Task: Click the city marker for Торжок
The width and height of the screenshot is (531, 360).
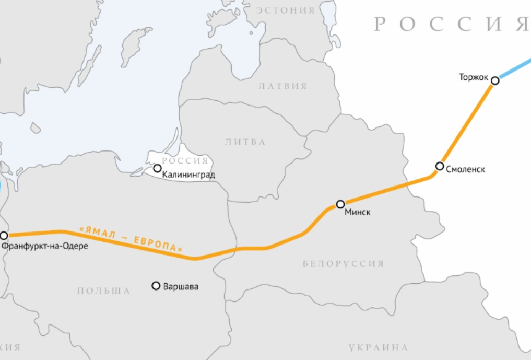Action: [495, 80]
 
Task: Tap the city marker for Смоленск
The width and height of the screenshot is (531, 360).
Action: [439, 167]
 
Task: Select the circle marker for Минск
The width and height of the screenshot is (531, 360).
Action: [340, 204]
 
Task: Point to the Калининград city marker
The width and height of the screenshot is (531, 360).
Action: [157, 168]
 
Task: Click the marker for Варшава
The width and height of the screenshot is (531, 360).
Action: [156, 285]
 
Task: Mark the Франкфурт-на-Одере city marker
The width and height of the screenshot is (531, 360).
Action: [4, 236]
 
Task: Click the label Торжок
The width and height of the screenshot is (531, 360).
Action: [473, 77]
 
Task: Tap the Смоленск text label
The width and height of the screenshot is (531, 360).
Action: [466, 169]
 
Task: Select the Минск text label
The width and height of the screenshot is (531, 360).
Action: [358, 213]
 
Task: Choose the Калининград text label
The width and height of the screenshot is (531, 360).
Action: [188, 175]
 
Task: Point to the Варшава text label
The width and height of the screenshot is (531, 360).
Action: [181, 286]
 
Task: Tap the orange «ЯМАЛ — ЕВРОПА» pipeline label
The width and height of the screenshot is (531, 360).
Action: [131, 240]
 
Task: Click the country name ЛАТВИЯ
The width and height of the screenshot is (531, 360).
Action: [283, 86]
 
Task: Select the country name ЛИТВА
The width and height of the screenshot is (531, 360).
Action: [245, 142]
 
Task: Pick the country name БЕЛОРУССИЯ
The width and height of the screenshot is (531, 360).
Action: [343, 264]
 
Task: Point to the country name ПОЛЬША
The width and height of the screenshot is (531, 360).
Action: [103, 291]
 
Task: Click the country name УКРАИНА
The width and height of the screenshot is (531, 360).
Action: [378, 347]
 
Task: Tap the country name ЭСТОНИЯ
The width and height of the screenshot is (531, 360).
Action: [285, 10]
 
